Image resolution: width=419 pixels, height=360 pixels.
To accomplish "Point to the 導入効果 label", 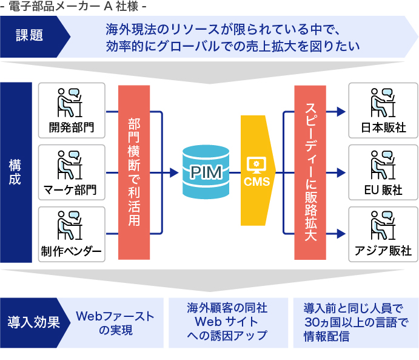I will point(34,322).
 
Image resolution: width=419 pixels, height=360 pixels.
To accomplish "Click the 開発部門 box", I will point(72,110).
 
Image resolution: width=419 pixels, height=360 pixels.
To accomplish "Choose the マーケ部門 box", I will point(72,172).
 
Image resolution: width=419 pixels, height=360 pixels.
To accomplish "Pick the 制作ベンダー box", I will point(72,234).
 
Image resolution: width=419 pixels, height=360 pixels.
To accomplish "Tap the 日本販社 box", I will point(383,110).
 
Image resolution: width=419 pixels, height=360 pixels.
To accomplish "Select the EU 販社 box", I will point(383,172).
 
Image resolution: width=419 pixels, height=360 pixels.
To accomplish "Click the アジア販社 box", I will point(383,234).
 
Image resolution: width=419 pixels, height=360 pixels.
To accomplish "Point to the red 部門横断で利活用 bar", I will point(134,172).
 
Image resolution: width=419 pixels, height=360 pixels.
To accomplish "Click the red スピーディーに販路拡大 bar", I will point(310,172).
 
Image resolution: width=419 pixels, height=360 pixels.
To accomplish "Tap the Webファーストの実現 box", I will point(115,323).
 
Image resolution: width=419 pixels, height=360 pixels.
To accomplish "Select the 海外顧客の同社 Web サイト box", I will point(227,322).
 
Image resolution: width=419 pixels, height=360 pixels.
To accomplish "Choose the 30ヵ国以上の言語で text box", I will point(355,322).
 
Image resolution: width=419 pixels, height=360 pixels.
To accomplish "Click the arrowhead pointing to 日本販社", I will point(341,111).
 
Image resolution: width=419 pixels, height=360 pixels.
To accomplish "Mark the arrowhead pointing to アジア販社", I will point(341,234).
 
